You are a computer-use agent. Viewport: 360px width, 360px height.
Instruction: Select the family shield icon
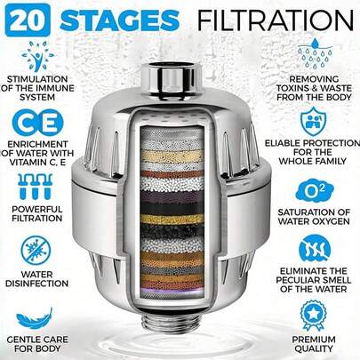[315, 118]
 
